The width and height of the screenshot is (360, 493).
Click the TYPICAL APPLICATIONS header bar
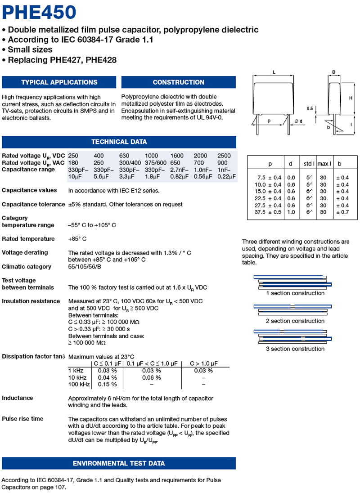[x=59, y=82]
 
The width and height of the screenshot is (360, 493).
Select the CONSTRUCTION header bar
[x=178, y=82]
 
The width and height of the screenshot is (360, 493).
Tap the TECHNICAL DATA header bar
[x=119, y=142]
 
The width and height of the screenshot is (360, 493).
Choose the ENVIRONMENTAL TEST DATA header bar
[x=119, y=463]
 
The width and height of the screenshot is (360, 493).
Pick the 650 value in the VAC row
[x=175, y=162]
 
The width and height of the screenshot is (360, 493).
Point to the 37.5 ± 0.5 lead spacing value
[x=268, y=212]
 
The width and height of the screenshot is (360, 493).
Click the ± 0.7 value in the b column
[x=342, y=212]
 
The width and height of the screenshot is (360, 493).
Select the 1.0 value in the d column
[x=291, y=212]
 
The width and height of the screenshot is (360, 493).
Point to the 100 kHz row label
[x=78, y=384]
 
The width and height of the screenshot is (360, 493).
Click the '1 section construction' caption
[x=295, y=293]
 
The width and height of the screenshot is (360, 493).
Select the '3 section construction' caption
[x=295, y=349]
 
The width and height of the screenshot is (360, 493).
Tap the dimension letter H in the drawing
[x=351, y=98]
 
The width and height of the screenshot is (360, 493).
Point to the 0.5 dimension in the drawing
[x=310, y=108]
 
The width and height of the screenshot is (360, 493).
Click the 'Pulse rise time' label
[x=22, y=419]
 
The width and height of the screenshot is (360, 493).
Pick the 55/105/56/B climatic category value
[x=85, y=267]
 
